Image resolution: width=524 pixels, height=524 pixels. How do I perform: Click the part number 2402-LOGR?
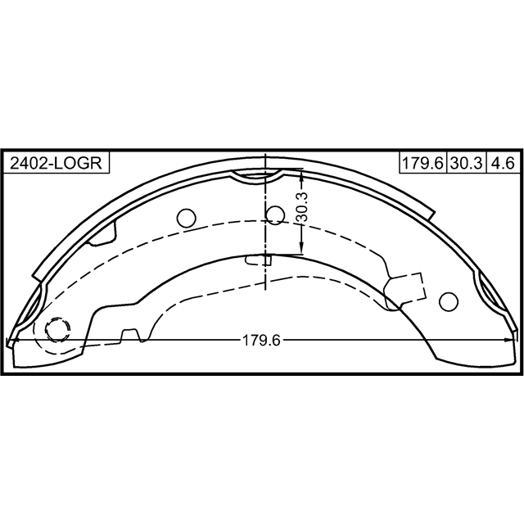pos(56,162)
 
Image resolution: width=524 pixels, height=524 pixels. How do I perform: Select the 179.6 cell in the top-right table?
pos(422,162)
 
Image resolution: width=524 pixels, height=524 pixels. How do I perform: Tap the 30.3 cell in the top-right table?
pos(466,162)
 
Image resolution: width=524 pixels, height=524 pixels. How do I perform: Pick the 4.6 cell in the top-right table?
pos(501,162)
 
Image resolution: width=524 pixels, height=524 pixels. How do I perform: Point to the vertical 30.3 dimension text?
pos(301,210)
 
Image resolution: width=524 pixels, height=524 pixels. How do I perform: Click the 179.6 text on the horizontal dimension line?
pos(261,341)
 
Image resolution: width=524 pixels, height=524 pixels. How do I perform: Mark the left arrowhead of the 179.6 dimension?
pos(10,341)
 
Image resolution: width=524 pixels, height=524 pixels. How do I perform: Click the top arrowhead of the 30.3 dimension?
pos(301,175)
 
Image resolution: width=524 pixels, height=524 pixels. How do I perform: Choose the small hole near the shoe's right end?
pos(448,301)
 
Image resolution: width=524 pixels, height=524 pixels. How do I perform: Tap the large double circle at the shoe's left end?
pos(57,330)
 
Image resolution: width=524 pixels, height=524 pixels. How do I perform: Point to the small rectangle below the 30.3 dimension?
pos(259,260)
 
